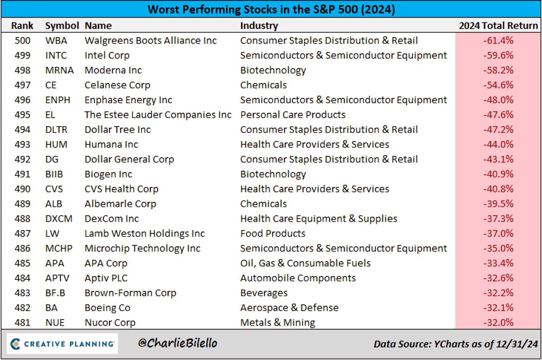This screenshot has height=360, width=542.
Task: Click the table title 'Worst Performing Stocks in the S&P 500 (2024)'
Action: [271, 9]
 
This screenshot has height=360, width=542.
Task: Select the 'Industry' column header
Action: [259, 26]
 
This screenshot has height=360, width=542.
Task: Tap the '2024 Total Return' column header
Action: [498, 26]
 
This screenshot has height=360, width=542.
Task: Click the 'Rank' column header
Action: [22, 26]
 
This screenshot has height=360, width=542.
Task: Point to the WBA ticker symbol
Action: [56, 40]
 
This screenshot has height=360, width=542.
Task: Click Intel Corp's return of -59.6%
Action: [498, 55]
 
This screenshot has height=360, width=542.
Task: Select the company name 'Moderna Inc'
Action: [113, 70]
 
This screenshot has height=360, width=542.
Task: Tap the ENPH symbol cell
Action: [57, 100]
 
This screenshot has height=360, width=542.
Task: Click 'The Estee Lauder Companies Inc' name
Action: [158, 115]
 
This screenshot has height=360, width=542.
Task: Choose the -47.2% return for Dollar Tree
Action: [498, 129]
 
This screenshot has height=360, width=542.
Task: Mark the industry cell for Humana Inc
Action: [314, 144]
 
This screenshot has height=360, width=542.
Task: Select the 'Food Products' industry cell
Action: [273, 233]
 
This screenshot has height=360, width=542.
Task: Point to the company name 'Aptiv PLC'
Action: [106, 278]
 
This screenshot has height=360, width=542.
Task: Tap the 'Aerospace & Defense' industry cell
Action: [289, 308]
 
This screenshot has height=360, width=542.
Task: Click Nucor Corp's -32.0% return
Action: [498, 322]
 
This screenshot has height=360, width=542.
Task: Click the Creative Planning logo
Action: [63, 344]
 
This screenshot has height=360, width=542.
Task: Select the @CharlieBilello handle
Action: [178, 344]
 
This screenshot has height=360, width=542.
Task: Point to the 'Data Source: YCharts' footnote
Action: [455, 344]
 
